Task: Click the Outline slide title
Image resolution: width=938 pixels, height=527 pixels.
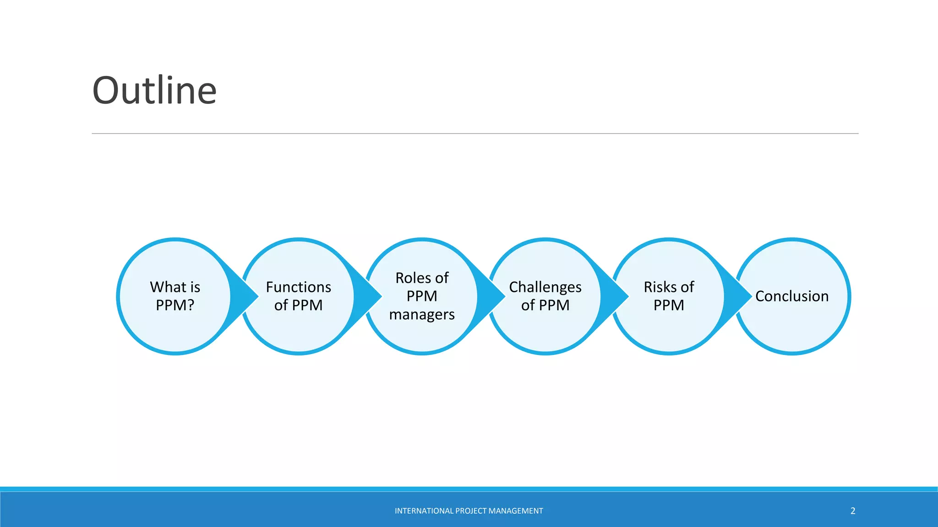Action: point(154,90)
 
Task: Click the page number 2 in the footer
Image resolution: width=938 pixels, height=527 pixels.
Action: point(853,511)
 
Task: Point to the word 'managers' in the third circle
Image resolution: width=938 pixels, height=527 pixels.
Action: point(422,315)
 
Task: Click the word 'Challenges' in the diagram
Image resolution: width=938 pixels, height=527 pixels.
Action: point(545,287)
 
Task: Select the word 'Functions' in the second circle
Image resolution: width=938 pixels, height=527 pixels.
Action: point(298,287)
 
